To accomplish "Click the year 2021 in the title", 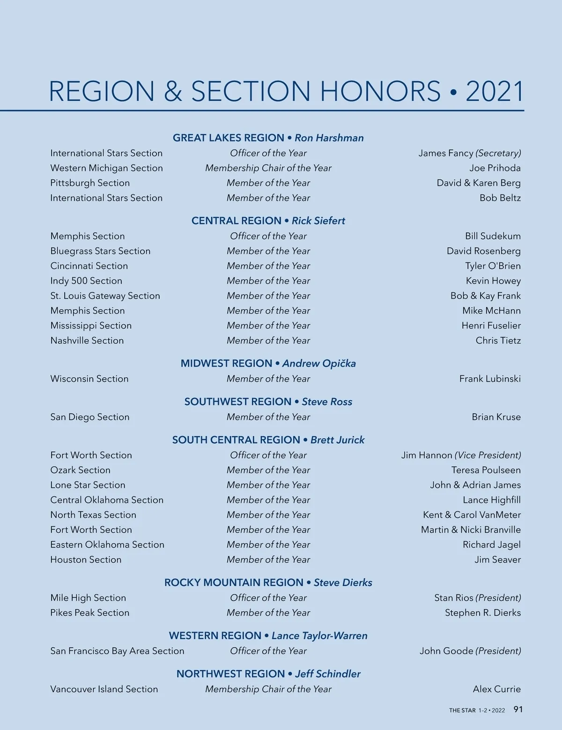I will [494, 91].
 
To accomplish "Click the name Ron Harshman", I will [329, 138].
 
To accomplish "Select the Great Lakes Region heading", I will [229, 138].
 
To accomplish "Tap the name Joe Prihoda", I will [495, 168].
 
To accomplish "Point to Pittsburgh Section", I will [90, 183].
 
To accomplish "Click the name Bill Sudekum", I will [493, 236].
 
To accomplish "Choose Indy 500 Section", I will [86, 281].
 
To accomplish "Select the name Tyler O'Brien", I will [493, 266].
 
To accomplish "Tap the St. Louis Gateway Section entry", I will [105, 296].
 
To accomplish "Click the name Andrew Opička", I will [319, 363].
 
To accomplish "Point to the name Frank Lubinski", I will [490, 379].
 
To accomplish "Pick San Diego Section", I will [90, 417].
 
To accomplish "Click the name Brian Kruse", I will [496, 417].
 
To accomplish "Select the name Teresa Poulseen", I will [486, 470].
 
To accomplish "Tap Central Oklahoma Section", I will [107, 500].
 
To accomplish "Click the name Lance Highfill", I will [491, 500].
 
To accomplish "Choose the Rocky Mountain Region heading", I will [234, 582].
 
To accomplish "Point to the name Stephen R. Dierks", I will [482, 612].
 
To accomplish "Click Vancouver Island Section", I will [104, 689].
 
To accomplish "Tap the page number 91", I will [518, 709].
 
